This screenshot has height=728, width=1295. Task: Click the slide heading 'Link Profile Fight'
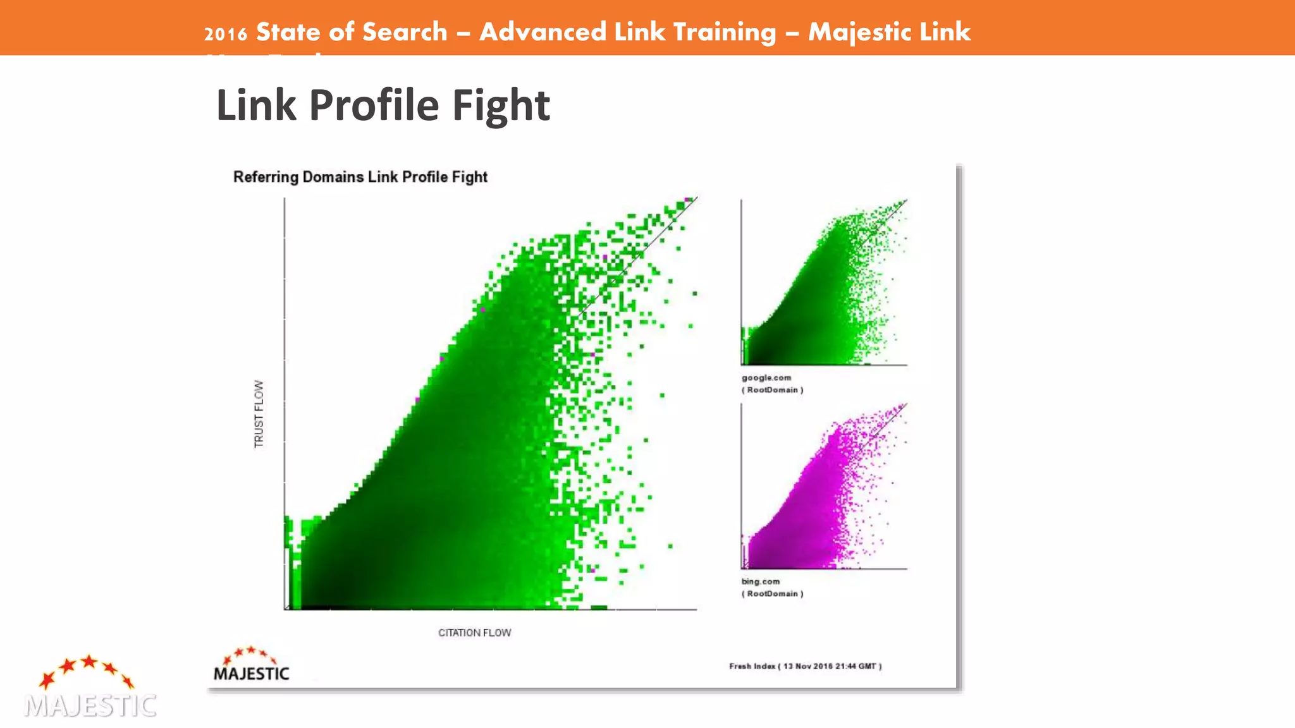(x=383, y=105)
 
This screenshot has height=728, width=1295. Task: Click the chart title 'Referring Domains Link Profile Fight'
(x=360, y=177)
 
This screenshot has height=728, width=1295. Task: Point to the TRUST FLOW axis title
(x=259, y=414)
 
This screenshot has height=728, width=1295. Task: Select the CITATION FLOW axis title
(x=474, y=633)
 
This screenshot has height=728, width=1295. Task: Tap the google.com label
(x=766, y=378)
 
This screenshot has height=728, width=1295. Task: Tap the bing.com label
(x=760, y=581)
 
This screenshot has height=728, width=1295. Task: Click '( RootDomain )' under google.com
(x=772, y=390)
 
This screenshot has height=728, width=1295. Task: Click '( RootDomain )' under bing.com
(x=772, y=593)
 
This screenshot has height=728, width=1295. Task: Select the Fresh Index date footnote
(x=805, y=666)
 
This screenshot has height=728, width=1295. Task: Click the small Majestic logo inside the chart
(x=251, y=665)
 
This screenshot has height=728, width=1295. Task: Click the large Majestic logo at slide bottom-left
(x=90, y=688)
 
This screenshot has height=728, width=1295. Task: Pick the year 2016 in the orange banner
(x=225, y=33)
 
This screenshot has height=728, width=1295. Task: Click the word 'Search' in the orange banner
(x=405, y=32)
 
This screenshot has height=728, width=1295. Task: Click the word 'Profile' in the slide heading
(x=374, y=105)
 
